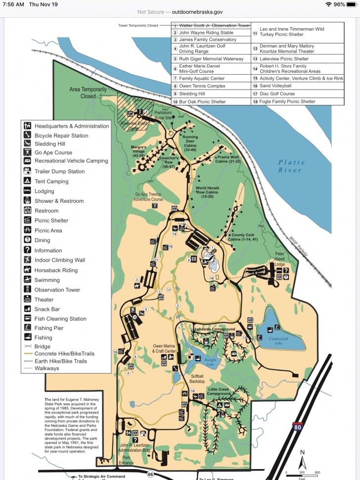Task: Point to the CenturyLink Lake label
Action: [278, 340]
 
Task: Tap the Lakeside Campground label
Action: [215, 329]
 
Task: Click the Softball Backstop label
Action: [197, 379]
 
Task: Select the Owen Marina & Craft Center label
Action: [164, 348]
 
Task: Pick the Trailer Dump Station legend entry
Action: [59, 171]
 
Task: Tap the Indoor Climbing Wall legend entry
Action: [59, 260]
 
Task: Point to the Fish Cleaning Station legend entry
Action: [60, 319]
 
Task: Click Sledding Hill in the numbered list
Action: [192, 94]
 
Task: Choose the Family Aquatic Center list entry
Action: [202, 78]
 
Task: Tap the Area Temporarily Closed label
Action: [89, 93]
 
